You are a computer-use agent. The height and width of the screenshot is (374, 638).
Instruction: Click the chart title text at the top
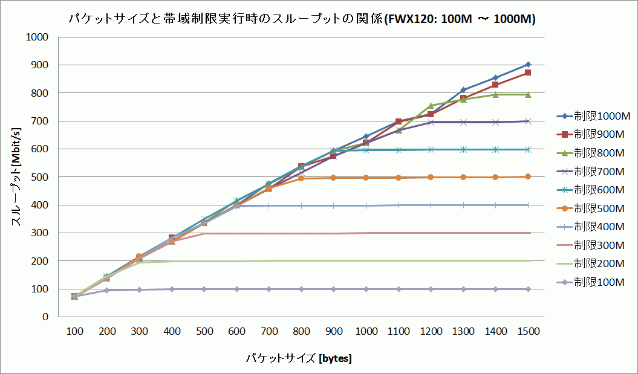pyautogui.click(x=302, y=19)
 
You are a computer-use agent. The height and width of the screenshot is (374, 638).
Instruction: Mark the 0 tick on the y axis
pyautogui.click(x=44, y=317)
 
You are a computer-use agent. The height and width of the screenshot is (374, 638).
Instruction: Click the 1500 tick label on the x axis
pyautogui.click(x=528, y=332)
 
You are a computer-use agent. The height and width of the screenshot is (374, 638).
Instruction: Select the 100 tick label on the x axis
pyautogui.click(x=74, y=332)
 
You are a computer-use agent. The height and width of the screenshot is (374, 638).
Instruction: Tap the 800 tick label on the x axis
pyautogui.click(x=301, y=332)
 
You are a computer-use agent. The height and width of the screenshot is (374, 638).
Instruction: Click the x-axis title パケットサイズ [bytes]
pyautogui.click(x=299, y=358)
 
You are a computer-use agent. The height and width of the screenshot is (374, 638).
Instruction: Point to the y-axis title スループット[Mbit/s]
pyautogui.click(x=17, y=176)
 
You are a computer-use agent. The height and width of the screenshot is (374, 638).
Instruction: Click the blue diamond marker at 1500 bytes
pyautogui.click(x=528, y=64)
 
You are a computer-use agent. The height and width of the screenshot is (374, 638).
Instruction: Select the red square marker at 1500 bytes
pyautogui.click(x=528, y=73)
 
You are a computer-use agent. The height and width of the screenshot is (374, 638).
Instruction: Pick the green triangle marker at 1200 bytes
pyautogui.click(x=431, y=106)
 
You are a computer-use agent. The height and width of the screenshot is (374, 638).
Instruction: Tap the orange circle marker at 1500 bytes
pyautogui.click(x=528, y=176)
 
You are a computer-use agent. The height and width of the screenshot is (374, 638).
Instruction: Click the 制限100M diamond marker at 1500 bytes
pyautogui.click(x=528, y=289)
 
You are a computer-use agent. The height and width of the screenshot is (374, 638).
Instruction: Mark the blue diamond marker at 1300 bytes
pyautogui.click(x=463, y=89)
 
